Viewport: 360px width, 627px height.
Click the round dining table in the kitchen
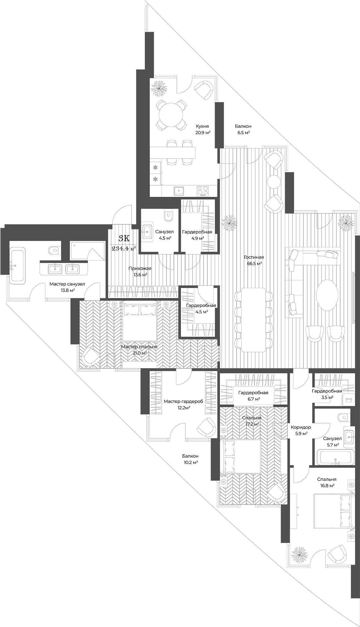(172, 115)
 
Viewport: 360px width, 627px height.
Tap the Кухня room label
(202, 126)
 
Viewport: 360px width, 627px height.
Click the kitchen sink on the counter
(180, 190)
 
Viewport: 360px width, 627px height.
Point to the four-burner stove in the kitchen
(202, 190)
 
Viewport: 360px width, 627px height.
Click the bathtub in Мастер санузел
(17, 266)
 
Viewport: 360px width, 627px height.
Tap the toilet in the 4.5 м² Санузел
(169, 216)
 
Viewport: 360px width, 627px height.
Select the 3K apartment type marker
(124, 239)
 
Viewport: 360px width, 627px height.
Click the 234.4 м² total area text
(124, 248)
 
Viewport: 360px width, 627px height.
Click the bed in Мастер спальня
(140, 321)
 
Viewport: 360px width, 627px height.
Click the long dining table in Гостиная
(253, 319)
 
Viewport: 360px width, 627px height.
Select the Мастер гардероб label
(183, 401)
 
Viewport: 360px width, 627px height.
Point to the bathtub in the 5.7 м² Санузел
(335, 457)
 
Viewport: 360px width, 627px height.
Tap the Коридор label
(301, 427)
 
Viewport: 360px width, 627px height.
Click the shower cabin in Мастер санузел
(87, 251)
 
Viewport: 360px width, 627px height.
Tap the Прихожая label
(140, 268)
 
